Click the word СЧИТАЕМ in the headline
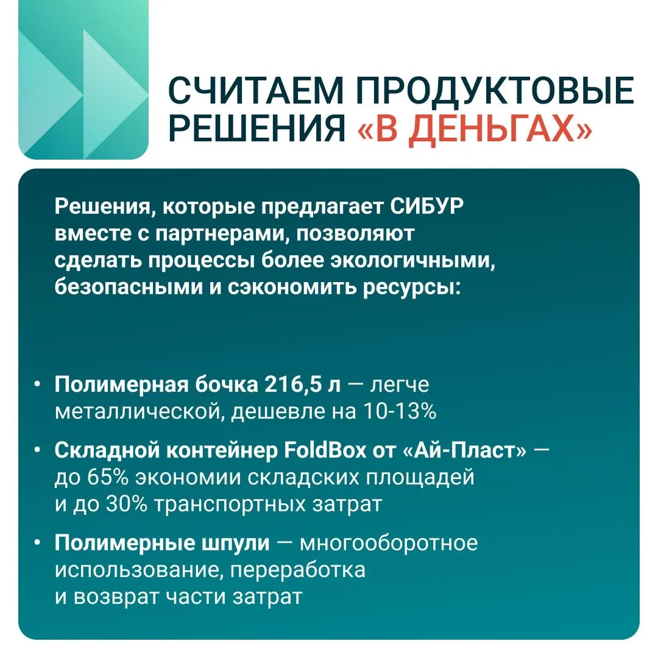pos(256,90)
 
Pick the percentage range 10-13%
pos(400,411)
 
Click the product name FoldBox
pos(325,450)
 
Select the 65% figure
pos(107,477)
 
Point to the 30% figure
pos(126,504)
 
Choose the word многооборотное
pos(389,543)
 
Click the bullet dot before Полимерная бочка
pos(38,385)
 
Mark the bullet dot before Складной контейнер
pos(38,451)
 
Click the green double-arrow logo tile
pos(83,80)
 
